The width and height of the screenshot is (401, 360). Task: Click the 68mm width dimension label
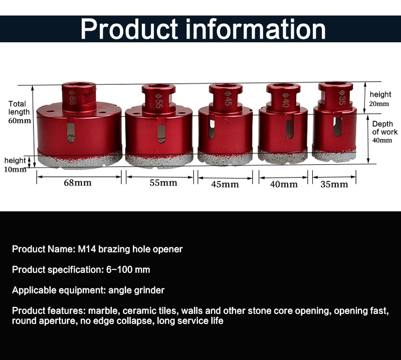click(78, 183)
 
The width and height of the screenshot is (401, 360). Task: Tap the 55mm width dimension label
click(163, 183)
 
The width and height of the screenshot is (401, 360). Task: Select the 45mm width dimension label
click(225, 184)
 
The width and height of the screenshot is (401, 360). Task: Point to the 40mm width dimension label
click(284, 184)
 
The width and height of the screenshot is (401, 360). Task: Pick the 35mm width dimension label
click(334, 184)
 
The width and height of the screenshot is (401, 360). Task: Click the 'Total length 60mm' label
click(19, 112)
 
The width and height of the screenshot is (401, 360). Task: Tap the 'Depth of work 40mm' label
click(384, 132)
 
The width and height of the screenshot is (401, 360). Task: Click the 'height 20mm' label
click(380, 99)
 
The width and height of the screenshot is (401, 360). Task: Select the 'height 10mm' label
click(15, 165)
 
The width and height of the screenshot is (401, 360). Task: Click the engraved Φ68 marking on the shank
click(72, 98)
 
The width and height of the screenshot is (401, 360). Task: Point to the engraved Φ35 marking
click(342, 98)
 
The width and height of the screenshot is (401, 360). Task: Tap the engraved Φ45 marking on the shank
click(228, 98)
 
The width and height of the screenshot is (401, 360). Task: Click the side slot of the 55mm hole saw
click(161, 130)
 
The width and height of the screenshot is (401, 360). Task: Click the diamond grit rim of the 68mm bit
click(80, 160)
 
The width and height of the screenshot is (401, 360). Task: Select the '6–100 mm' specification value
click(128, 269)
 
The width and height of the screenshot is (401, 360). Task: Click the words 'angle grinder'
click(136, 290)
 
